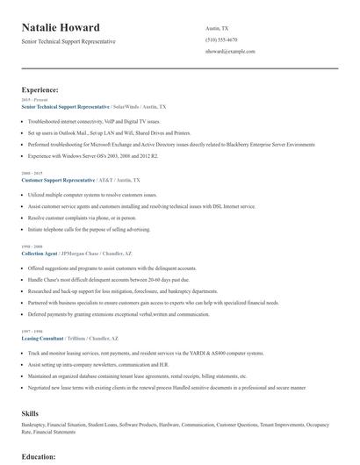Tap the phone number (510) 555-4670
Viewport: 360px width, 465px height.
pyautogui.click(x=222, y=39)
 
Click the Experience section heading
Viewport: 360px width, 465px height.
pyautogui.click(x=40, y=89)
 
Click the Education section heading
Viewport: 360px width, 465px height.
pyautogui.click(x=39, y=457)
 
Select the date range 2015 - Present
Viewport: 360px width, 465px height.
pyautogui.click(x=34, y=100)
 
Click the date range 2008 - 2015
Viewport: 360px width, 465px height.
pyautogui.click(x=32, y=173)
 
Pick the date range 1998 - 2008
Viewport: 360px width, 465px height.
pyautogui.click(x=32, y=246)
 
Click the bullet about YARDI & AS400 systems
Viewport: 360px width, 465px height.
pyautogui.click(x=145, y=353)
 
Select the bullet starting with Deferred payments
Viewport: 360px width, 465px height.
pyautogui.click(x=119, y=313)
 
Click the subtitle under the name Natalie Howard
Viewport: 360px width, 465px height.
pyautogui.click(x=68, y=41)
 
